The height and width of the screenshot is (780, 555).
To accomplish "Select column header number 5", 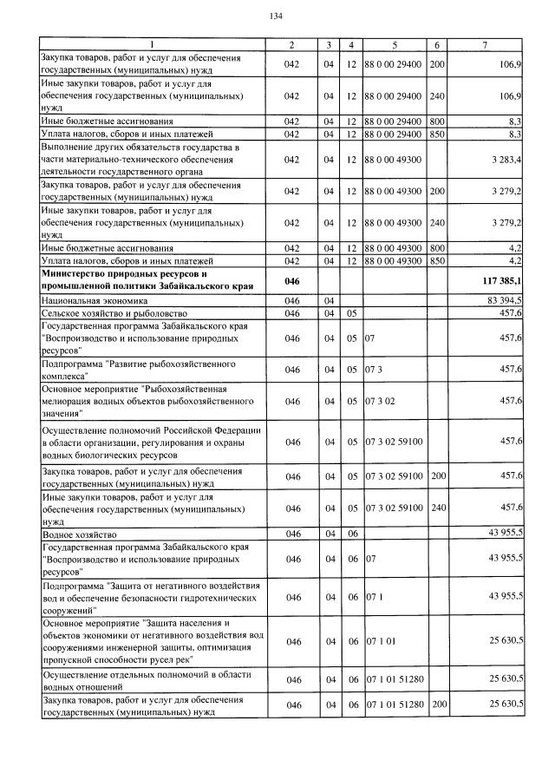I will [x=394, y=44].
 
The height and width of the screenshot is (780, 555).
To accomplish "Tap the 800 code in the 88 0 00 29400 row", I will [x=437, y=121].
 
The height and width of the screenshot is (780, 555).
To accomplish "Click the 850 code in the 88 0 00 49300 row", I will [x=437, y=260].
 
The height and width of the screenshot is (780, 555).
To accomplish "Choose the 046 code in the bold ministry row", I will [x=292, y=282].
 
